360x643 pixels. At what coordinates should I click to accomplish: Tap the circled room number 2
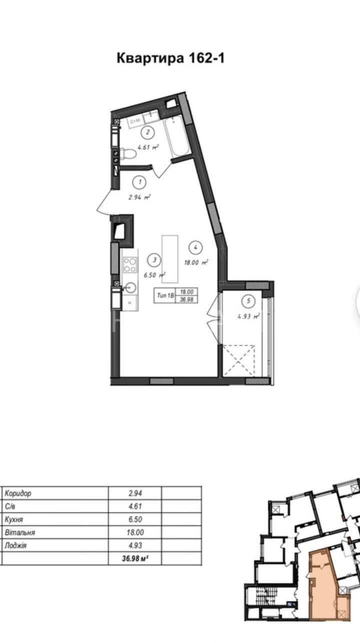(x=148, y=132)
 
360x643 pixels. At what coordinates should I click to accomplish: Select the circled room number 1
(x=140, y=182)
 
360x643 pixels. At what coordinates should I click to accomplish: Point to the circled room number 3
(x=154, y=260)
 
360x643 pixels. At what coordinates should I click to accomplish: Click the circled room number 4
(x=196, y=247)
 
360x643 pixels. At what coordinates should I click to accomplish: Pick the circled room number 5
(x=248, y=301)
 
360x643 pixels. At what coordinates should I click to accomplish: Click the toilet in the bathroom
(x=127, y=154)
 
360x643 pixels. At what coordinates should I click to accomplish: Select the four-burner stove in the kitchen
(x=130, y=264)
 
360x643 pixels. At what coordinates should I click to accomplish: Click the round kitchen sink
(x=131, y=287)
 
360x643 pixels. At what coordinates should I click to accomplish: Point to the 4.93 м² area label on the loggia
(x=248, y=316)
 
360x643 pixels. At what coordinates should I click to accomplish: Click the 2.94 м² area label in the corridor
(x=140, y=197)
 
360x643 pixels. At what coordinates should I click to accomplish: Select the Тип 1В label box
(x=175, y=295)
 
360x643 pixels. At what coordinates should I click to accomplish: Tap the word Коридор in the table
(x=18, y=493)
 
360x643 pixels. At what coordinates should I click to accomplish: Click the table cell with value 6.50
(x=135, y=519)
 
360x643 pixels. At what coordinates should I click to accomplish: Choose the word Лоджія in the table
(x=16, y=545)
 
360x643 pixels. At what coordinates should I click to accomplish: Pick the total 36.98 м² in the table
(x=135, y=558)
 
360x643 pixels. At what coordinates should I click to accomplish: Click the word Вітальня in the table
(x=20, y=532)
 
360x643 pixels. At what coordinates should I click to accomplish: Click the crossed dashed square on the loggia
(x=239, y=360)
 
